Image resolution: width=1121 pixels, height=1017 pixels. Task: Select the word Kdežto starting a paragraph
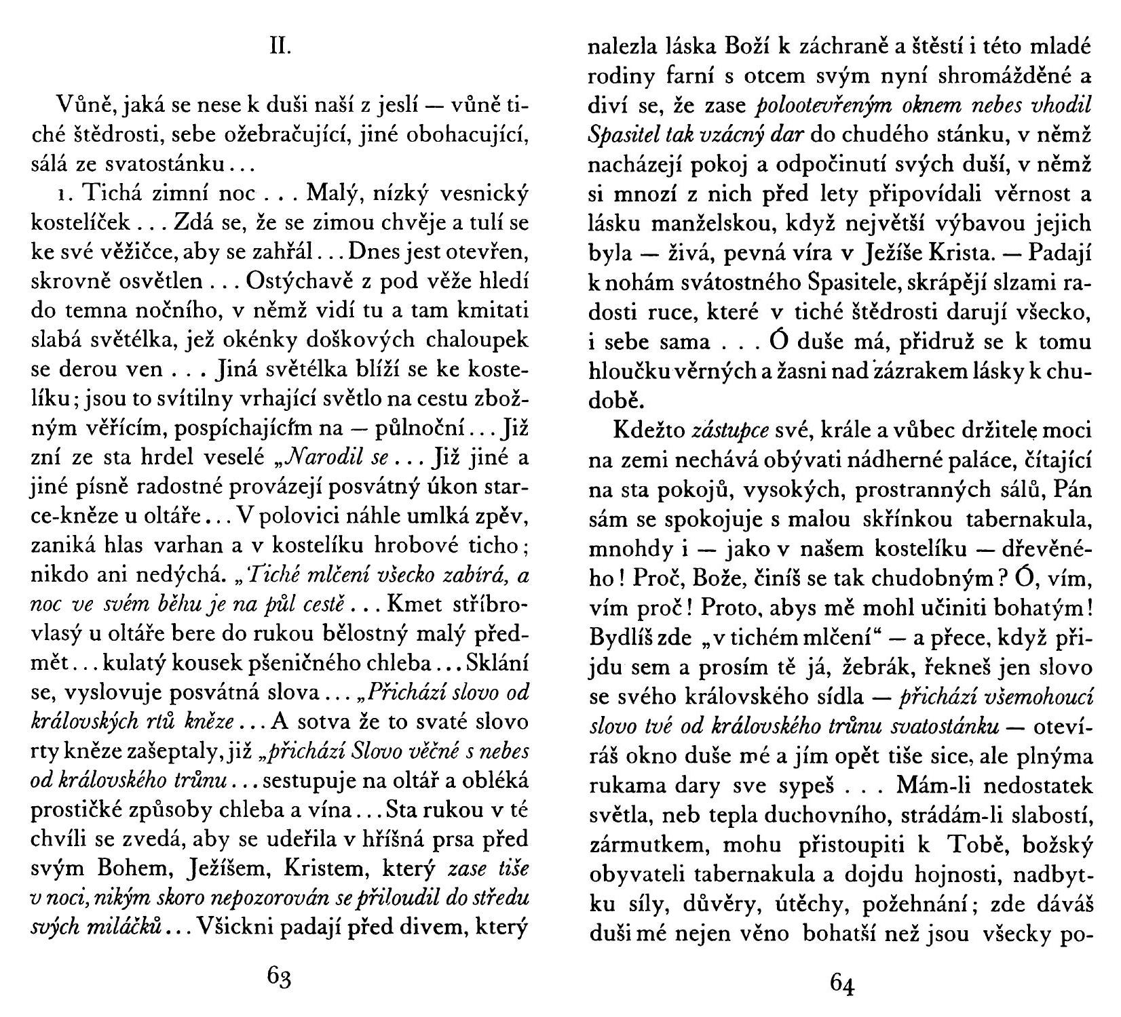[647, 430]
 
